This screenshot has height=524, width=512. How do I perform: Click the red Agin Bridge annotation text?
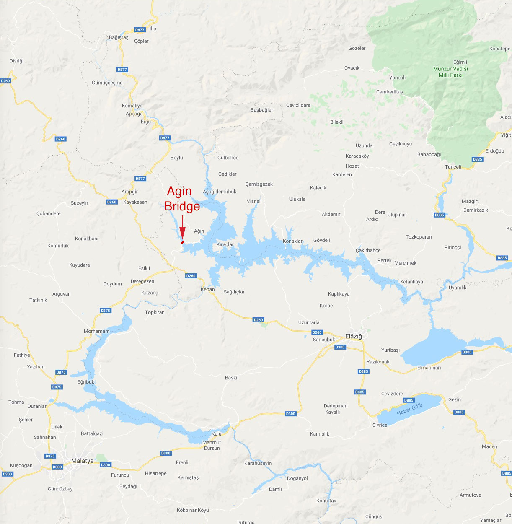[182, 199]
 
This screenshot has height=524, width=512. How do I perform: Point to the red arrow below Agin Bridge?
[182, 229]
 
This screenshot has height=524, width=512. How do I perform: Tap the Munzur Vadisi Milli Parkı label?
[450, 72]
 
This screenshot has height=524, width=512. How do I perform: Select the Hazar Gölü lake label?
[409, 410]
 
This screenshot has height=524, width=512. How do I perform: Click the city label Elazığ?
[353, 336]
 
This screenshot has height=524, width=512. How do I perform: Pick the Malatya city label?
[82, 461]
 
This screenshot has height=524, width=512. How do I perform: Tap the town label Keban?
[207, 289]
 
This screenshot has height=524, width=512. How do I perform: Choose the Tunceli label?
[453, 167]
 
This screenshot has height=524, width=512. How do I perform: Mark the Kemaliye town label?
[132, 106]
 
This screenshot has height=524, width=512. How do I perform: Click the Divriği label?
[16, 61]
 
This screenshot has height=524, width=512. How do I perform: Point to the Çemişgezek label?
[259, 184]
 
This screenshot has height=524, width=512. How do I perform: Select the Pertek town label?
[384, 260]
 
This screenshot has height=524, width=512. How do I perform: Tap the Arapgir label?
[129, 192]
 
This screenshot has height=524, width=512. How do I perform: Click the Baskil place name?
[231, 378]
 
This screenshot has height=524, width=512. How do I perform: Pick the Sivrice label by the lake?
[380, 425]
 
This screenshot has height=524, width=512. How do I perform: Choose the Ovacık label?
[352, 68]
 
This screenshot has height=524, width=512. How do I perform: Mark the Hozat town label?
[352, 166]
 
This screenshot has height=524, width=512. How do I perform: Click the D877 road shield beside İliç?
[140, 30]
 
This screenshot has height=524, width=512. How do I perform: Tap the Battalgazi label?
[92, 433]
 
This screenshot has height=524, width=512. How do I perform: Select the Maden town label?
[489, 446]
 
